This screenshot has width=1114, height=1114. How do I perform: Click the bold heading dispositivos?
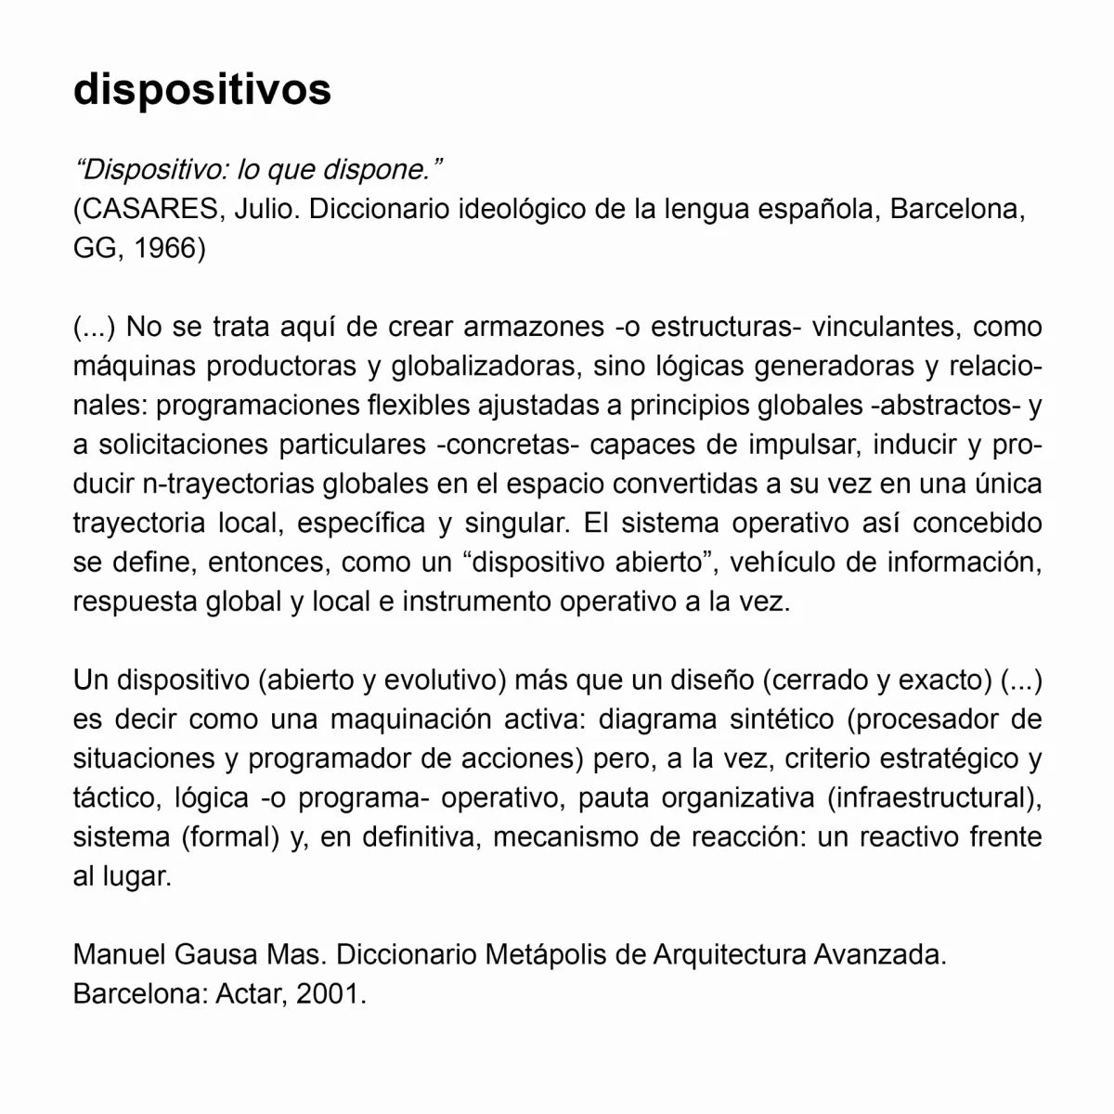(x=201, y=90)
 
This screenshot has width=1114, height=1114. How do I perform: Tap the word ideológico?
(x=525, y=210)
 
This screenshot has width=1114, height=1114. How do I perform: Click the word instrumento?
(x=476, y=601)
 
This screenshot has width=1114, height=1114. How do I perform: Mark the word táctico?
(x=116, y=797)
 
